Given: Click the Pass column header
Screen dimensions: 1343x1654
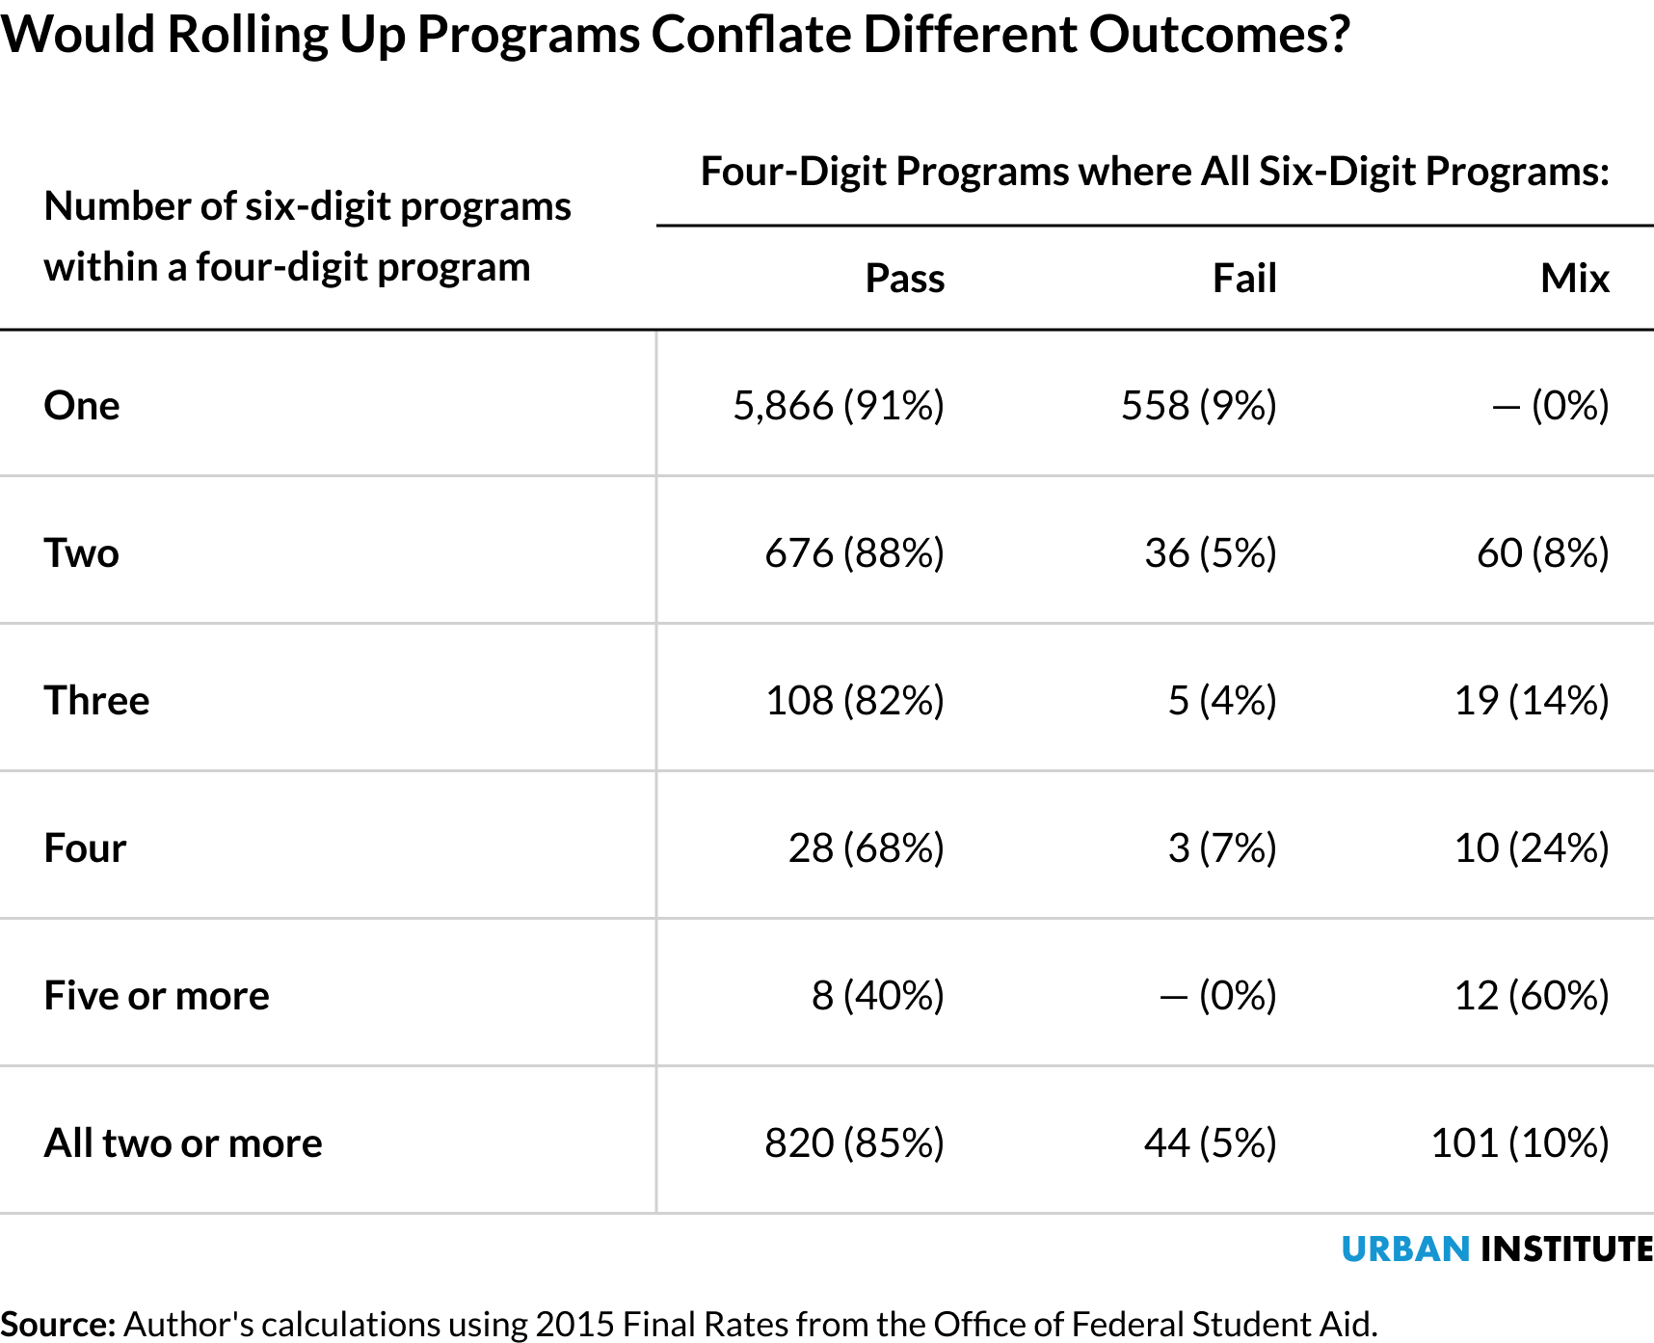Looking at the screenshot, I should (904, 279).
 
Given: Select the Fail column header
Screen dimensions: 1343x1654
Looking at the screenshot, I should (1243, 279).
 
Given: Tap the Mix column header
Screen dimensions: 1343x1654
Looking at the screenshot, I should (1574, 279).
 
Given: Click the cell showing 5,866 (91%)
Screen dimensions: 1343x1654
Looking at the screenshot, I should (838, 405).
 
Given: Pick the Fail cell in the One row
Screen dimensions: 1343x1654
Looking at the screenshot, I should (1198, 405).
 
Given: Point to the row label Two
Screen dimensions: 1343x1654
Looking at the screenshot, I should (82, 553).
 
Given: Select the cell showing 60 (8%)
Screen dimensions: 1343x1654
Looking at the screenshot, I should (1542, 553).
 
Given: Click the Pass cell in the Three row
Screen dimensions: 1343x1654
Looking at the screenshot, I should (854, 701).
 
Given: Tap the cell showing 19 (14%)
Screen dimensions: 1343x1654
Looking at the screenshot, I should (1531, 701).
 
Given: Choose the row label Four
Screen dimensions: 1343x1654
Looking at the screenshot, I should (85, 848).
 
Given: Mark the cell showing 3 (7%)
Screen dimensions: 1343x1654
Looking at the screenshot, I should (1221, 848).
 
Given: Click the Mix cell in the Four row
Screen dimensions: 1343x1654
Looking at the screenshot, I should (1531, 848).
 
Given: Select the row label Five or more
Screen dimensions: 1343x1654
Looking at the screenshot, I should (156, 996).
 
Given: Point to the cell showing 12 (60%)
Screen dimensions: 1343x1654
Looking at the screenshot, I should (1531, 996).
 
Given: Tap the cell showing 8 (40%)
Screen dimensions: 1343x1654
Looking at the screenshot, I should (877, 996).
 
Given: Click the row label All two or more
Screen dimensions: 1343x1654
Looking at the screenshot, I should (183, 1143).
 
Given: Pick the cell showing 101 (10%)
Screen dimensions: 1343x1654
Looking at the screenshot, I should (1519, 1143).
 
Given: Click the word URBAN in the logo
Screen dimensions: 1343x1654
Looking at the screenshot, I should (1404, 1249).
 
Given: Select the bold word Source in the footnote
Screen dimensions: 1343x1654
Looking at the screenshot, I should (58, 1325).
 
